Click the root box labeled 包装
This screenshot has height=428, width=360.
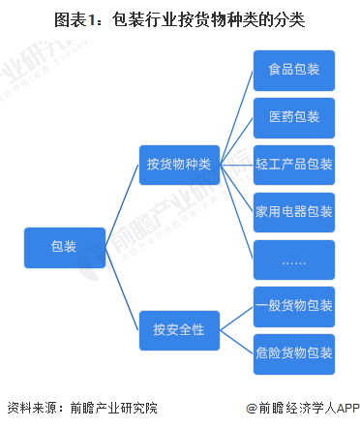point(64,248)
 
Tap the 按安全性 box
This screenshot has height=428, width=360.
point(179,327)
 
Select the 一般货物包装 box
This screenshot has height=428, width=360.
point(294,305)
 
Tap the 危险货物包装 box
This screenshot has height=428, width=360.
point(294,352)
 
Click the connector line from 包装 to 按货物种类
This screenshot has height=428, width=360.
point(122,204)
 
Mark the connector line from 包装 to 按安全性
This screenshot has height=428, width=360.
point(122,288)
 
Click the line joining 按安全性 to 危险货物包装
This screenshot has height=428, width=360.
point(236,340)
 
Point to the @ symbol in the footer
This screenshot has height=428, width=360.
point(252,410)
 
